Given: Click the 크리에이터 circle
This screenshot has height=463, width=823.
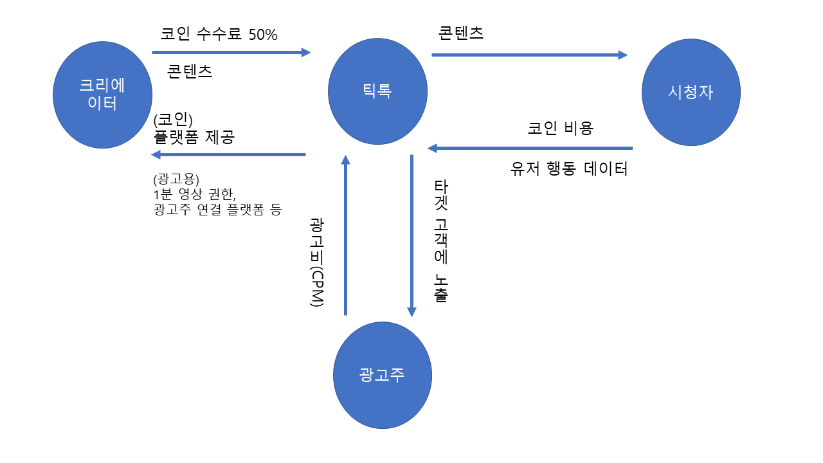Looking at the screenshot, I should (x=102, y=95).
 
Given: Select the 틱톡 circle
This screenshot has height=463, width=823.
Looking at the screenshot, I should (x=377, y=91).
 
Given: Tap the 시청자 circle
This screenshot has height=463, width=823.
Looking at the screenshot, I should (x=691, y=92).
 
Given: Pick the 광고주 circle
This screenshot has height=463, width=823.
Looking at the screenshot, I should (x=382, y=376).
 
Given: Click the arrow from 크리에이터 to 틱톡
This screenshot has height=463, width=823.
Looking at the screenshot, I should (x=231, y=52).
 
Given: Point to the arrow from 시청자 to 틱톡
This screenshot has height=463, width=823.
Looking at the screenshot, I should (x=530, y=149).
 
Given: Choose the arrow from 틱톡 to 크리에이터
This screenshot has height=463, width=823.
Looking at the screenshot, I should (x=228, y=154).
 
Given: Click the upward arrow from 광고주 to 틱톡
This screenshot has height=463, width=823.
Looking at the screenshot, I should (x=345, y=235).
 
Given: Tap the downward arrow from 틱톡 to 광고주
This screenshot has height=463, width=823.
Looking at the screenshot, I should (x=411, y=235).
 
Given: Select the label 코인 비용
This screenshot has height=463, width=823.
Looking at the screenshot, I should (x=560, y=127).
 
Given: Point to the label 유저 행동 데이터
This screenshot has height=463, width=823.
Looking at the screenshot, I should (x=568, y=169).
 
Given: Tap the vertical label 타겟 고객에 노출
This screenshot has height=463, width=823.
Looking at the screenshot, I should (x=441, y=241).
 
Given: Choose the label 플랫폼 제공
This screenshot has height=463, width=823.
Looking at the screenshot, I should (x=194, y=137).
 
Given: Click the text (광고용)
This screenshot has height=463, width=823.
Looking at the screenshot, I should (x=177, y=178).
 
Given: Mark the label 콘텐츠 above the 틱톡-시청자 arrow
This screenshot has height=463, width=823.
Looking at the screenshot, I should (x=460, y=33).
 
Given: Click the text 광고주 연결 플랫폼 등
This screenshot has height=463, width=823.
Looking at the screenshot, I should (x=217, y=209).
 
